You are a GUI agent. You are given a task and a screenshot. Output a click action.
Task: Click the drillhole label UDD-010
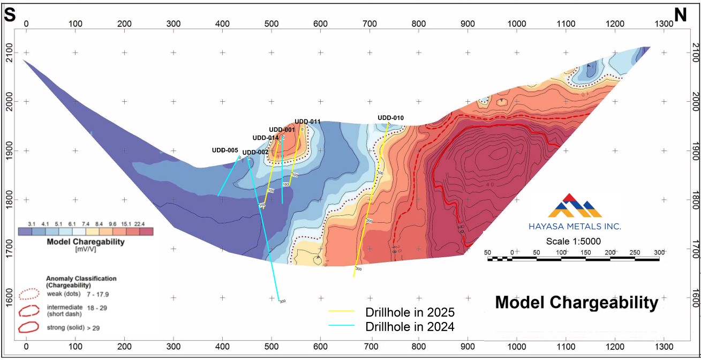[390, 118]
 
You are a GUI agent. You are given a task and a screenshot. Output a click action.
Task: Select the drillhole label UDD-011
[307, 122]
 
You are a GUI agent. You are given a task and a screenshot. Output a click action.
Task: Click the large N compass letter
[680, 16]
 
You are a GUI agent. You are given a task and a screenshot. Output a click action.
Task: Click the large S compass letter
[9, 16]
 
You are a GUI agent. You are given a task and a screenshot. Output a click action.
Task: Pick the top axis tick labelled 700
[370, 24]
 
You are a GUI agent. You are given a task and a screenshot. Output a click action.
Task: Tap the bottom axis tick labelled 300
[173, 347]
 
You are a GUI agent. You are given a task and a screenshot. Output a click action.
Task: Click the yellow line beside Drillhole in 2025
[342, 312]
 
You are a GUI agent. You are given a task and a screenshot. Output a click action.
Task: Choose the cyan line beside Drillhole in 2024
[342, 326]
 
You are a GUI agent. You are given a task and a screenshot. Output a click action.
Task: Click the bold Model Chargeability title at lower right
[576, 303]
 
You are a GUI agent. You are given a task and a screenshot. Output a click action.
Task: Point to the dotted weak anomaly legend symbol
[29, 294]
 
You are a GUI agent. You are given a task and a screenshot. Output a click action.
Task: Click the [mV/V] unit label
[86, 249]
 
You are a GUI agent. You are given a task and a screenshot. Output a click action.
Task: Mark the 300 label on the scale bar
[659, 252]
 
